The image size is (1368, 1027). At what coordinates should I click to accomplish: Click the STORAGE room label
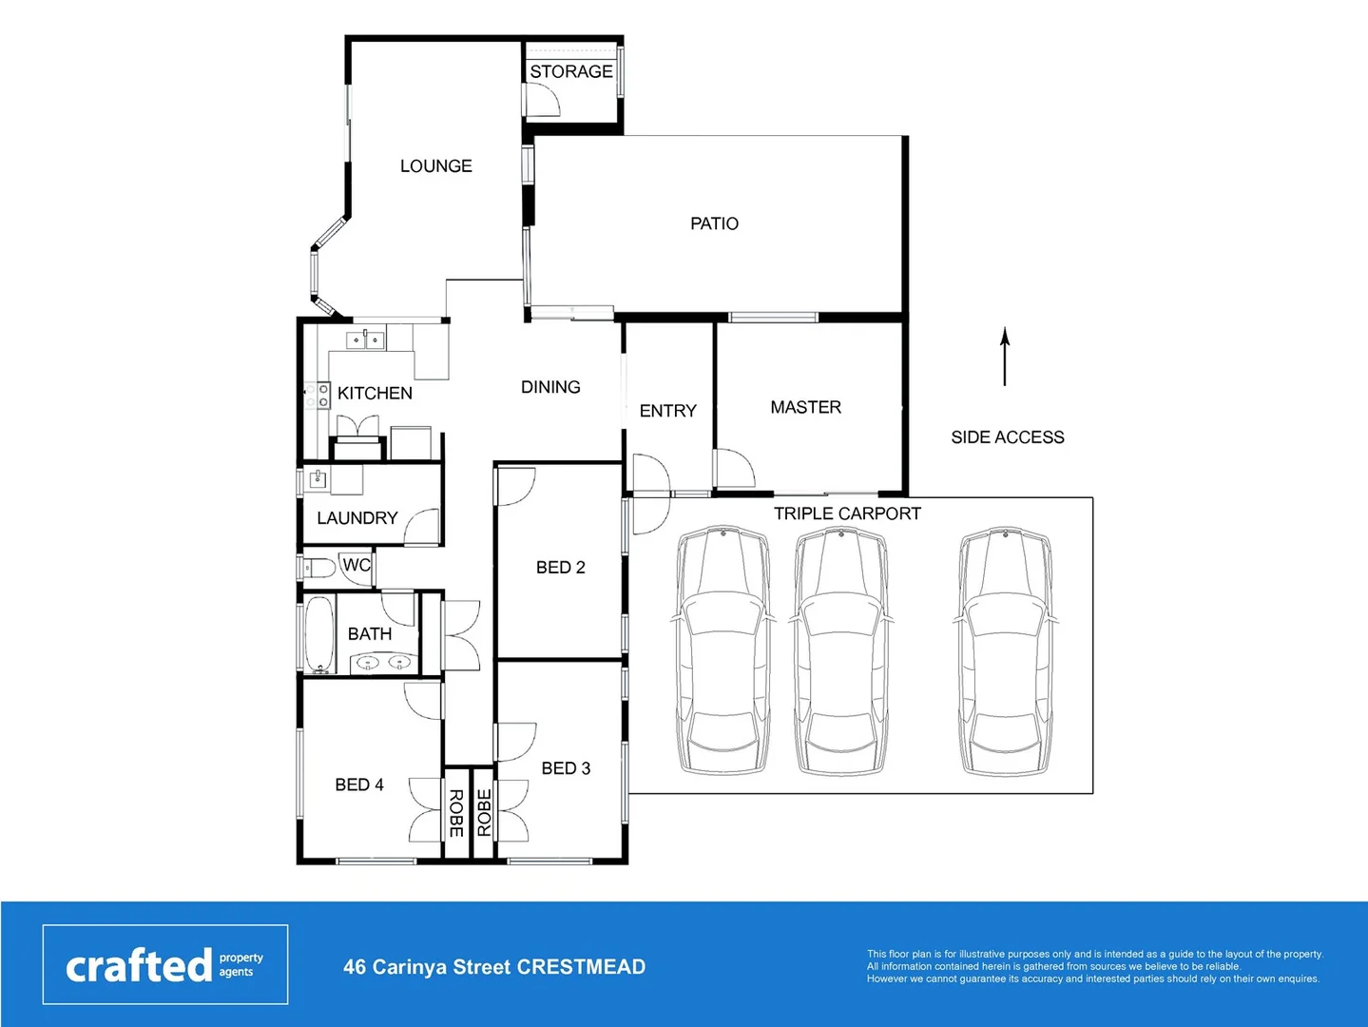570,71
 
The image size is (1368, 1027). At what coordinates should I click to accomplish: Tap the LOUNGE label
435,166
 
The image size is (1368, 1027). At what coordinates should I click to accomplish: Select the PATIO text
714,223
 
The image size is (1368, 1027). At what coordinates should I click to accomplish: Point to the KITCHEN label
375,393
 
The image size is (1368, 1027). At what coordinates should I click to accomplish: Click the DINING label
550,387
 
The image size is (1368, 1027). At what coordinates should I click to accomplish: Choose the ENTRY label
667,411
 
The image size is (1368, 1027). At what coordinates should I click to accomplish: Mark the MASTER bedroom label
805,407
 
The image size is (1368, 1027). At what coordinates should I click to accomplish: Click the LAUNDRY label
356,518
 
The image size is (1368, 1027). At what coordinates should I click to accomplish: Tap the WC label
356,565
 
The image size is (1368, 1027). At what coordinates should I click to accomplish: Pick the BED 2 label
560,568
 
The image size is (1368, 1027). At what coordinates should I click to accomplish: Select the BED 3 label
566,768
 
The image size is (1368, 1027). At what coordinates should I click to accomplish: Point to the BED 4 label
359,785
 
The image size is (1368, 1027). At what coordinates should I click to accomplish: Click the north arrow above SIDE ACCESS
1005,357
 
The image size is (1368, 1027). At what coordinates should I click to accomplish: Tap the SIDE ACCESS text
1008,437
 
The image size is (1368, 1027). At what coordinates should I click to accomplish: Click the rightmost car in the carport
1006,651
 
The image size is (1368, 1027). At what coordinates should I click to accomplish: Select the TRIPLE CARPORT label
847,513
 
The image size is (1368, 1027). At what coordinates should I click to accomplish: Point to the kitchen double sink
365,339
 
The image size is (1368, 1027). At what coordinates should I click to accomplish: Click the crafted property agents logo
164,964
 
